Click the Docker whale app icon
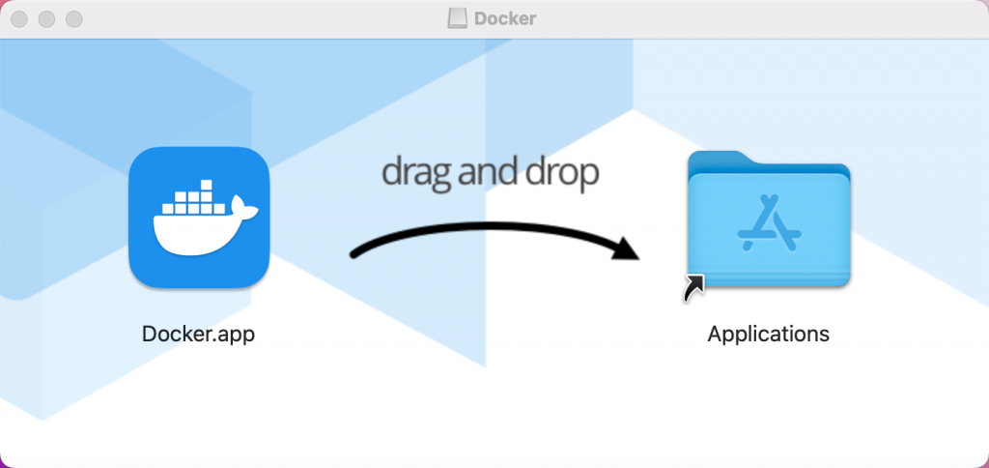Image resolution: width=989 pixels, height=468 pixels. [x=198, y=218]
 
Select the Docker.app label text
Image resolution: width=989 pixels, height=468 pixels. [x=199, y=334]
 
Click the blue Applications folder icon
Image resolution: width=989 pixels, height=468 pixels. [x=769, y=220]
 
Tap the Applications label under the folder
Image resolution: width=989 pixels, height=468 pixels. [x=769, y=334]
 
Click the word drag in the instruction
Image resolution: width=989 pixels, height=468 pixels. [x=413, y=172]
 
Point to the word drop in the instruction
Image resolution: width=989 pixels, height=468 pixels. [x=561, y=172]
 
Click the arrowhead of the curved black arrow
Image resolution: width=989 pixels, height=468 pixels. [x=626, y=249]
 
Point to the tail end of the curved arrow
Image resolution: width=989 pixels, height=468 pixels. [x=355, y=254]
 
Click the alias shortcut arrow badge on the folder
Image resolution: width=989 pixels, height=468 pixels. [x=693, y=286]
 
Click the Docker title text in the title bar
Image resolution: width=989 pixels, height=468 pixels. [x=506, y=18]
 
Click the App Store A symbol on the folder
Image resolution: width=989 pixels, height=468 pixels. [x=769, y=225]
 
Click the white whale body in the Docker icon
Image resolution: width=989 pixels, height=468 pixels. [x=193, y=233]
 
